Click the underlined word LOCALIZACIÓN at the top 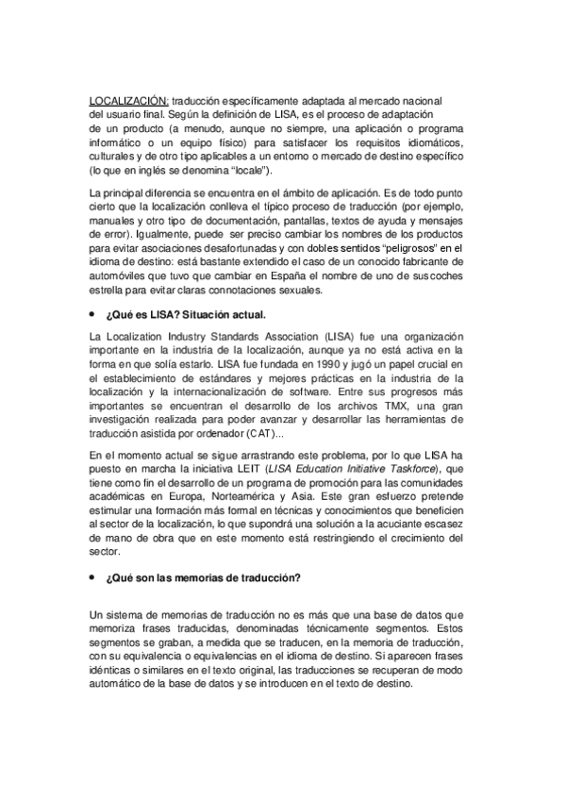coord(128,100)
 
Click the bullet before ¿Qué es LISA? coord(92,314)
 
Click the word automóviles coord(119,277)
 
